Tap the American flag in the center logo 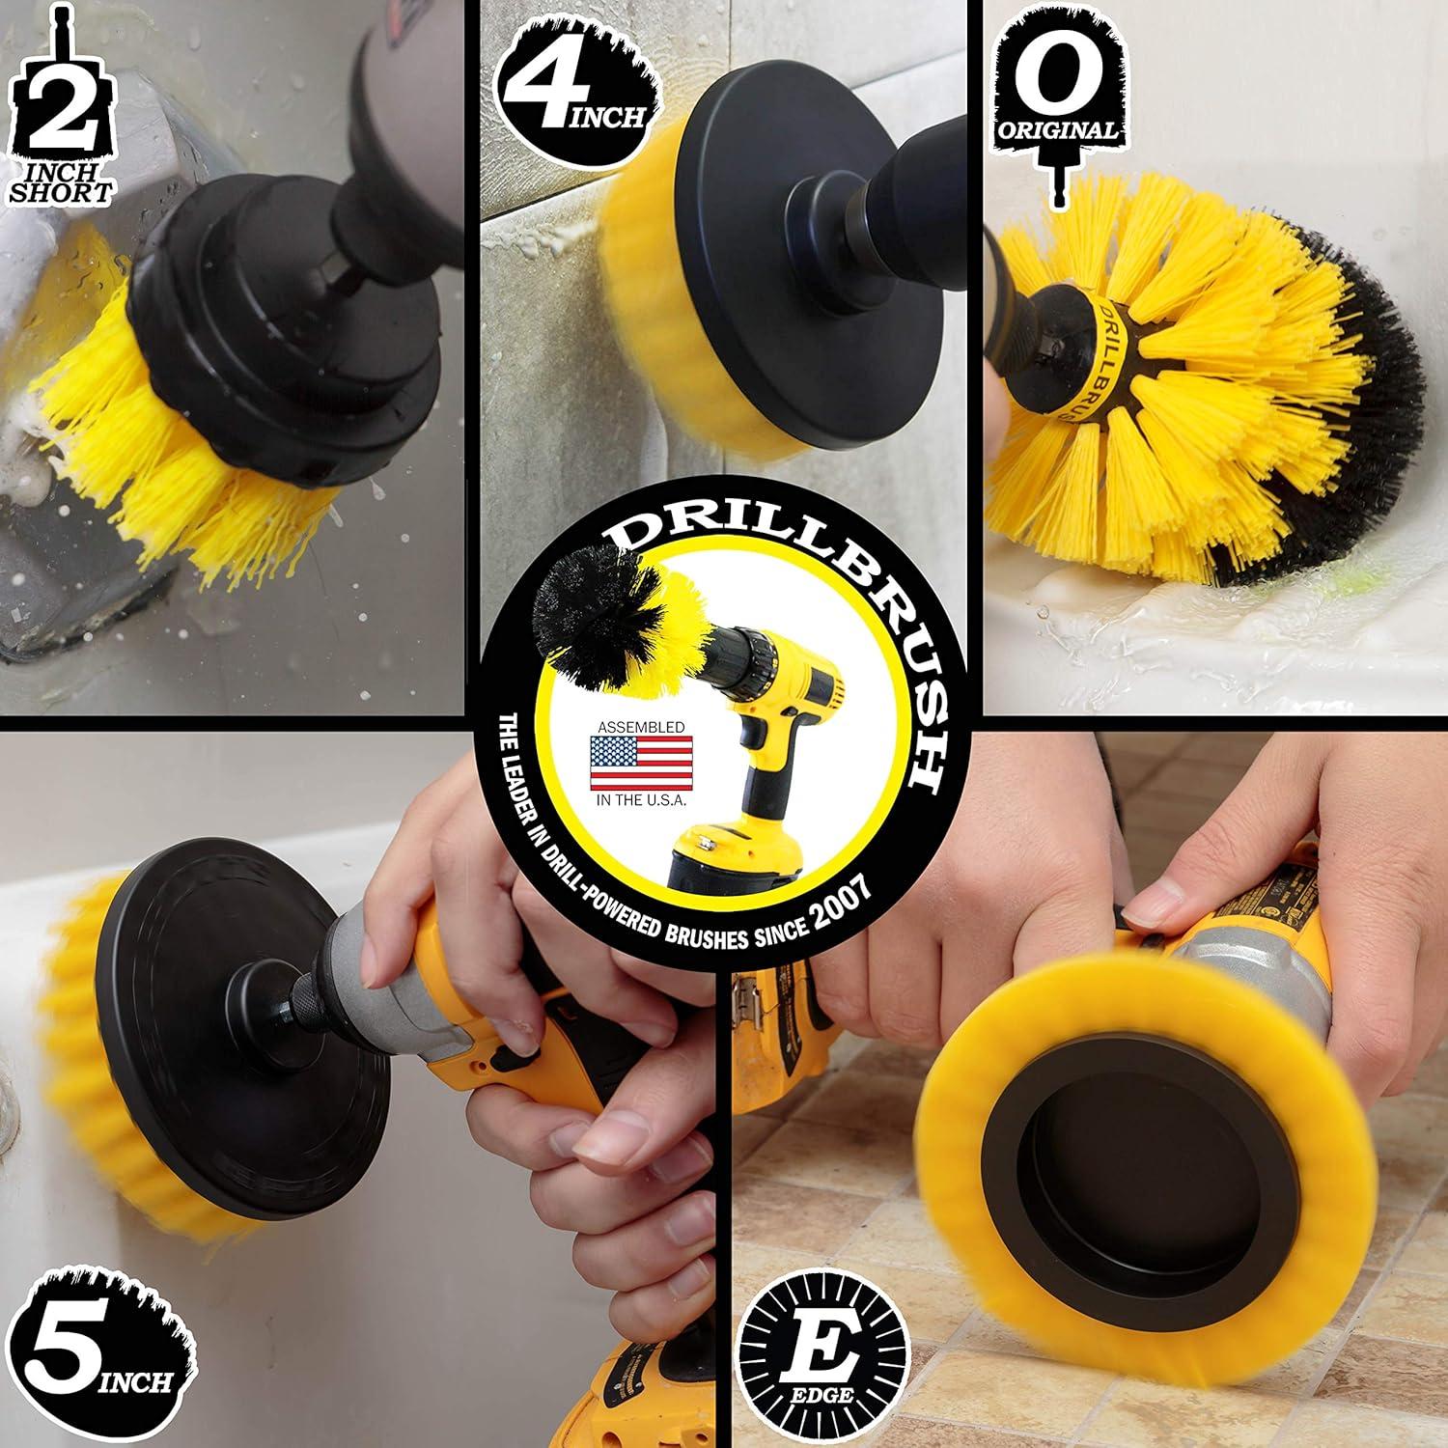coord(641,763)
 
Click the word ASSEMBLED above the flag coord(641,725)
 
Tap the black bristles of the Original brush coord(1371,405)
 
